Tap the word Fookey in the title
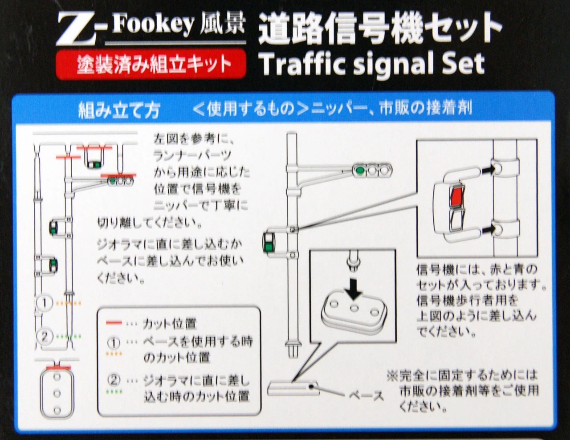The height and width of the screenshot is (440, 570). click(154, 26)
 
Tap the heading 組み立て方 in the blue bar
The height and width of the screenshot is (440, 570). click(118, 110)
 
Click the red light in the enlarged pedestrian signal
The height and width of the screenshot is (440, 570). click(457, 196)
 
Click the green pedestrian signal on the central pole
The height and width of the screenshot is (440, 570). click(269, 244)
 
